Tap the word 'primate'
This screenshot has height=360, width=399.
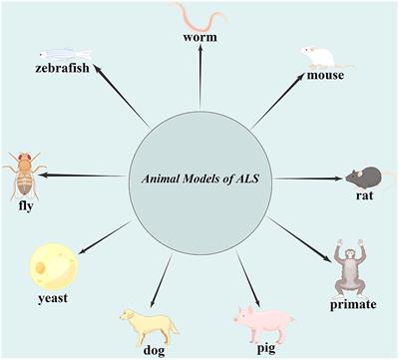354,302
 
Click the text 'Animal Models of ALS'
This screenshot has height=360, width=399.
200,179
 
